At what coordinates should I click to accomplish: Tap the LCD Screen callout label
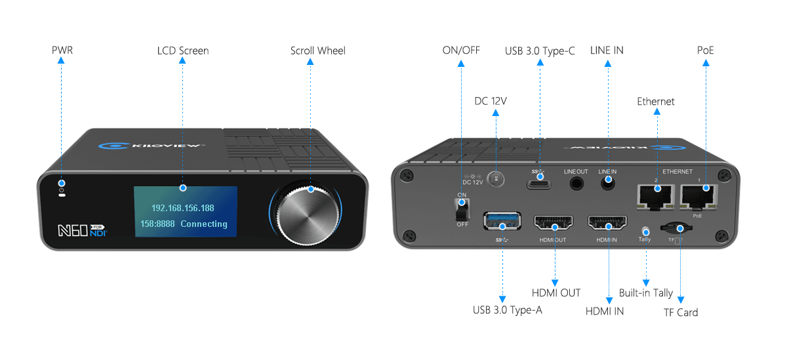coord(183,50)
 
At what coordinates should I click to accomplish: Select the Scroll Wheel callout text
coord(317,50)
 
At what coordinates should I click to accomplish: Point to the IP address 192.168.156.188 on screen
coord(182,208)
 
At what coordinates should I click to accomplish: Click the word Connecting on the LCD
coord(204,224)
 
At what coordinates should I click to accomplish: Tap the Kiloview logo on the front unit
coord(151,148)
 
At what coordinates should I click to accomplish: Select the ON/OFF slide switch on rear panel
coord(462,209)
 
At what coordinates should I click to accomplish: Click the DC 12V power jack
coord(496,177)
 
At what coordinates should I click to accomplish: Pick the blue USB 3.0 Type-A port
coord(502,221)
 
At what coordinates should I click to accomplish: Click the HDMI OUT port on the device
coord(554,223)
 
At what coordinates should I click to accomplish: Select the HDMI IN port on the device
coord(607,223)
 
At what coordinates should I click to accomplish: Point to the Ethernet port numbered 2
coord(655,194)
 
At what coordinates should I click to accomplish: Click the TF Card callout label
coord(680,312)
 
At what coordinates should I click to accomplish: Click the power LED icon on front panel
coord(61,187)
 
